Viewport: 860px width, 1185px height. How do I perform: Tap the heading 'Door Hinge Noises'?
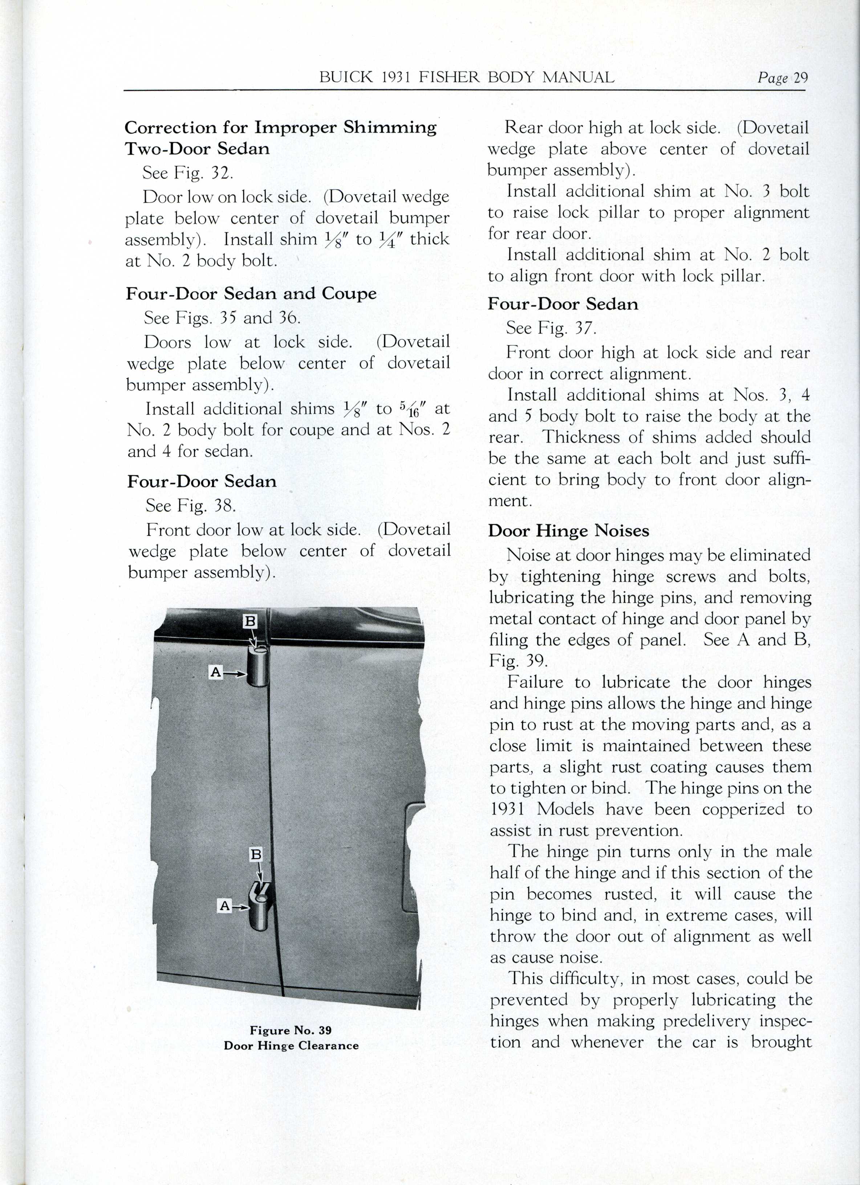point(569,531)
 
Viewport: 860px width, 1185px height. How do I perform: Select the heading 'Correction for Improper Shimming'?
point(281,127)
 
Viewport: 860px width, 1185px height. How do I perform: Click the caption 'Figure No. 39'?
point(291,1030)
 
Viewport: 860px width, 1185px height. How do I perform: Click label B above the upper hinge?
point(251,621)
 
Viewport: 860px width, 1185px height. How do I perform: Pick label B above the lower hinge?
point(256,855)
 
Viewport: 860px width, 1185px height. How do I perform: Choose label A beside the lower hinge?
point(225,906)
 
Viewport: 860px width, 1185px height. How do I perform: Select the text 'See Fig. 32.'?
point(188,173)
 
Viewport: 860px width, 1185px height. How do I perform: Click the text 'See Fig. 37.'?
point(551,328)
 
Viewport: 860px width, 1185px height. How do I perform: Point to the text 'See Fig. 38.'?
point(191,505)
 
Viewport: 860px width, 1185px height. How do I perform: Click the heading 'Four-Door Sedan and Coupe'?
point(251,294)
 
